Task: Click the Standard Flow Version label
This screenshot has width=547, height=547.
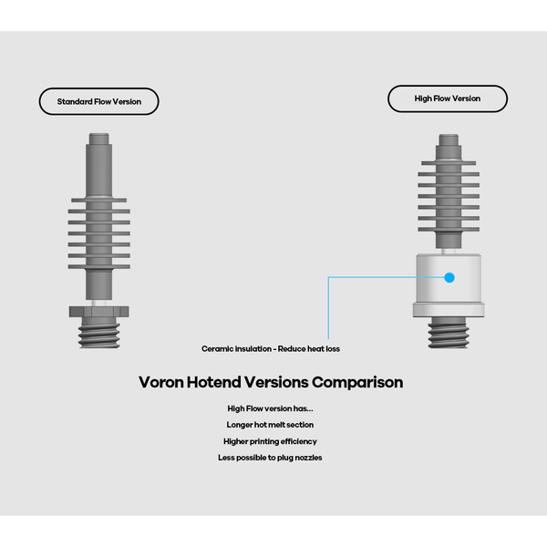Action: tap(98, 101)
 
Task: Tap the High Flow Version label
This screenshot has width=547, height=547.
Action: tap(447, 98)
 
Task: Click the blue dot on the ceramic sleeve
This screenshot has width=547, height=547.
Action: tap(449, 276)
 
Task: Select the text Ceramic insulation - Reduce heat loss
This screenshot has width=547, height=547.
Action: tap(271, 348)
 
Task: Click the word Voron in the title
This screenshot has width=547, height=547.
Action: tap(163, 382)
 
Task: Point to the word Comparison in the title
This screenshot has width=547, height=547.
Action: tap(357, 382)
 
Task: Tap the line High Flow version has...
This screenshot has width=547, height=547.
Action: tap(270, 408)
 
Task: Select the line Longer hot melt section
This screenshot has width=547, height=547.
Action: tap(270, 425)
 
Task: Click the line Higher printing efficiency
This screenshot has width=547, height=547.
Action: tap(270, 441)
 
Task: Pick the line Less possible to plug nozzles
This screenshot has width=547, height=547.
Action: tap(270, 458)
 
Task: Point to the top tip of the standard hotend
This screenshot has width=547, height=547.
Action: tap(100, 139)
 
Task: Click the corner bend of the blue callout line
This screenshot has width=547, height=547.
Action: tap(328, 276)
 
